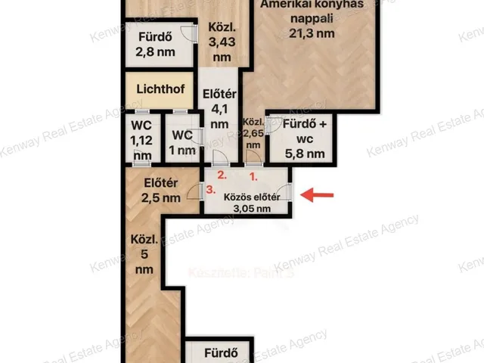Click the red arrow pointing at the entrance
pos(318,196)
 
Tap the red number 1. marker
pos(254,174)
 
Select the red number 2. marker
pos(221,174)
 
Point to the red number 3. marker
pos(210,189)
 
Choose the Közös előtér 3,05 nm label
pos(252,203)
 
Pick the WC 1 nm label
pos(182,142)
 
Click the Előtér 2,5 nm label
pos(161,190)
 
